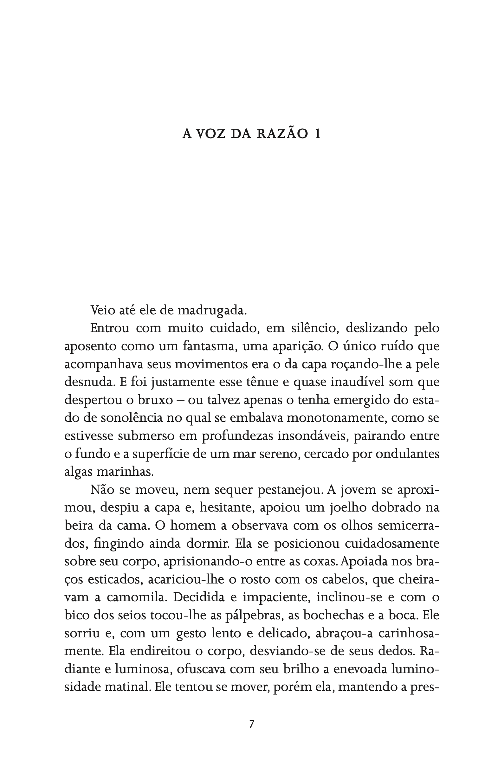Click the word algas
point(78,472)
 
